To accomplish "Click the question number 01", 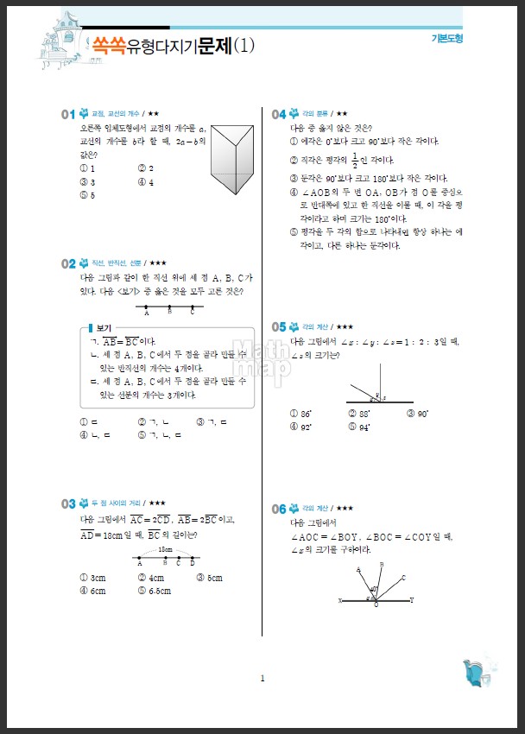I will coord(68,114).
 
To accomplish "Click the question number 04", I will coord(278,114).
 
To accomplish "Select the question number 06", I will coord(278,509).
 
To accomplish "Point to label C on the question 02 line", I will coord(192,313).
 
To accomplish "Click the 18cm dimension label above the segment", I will coord(165,549).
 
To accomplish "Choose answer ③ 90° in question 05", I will coord(417,414).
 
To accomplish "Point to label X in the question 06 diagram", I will coord(340,600).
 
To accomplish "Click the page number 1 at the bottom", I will coord(262,679).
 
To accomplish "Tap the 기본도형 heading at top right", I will coord(447,39).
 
